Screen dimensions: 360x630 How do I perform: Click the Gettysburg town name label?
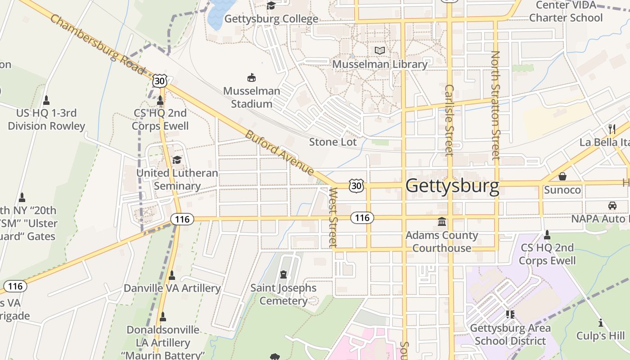pos(452,186)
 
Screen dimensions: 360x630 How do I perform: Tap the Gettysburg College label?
pos(271,19)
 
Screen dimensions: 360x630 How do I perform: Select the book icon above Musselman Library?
pos(380,50)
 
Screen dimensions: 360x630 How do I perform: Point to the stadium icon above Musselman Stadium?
pos(252,77)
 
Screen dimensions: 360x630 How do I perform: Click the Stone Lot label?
pos(333,142)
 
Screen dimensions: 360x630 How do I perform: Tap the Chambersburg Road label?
pos(97,44)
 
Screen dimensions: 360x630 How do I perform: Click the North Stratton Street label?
pos(495,105)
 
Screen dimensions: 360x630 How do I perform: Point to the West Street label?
pos(333,217)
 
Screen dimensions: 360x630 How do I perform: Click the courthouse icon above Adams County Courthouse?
pos(442,222)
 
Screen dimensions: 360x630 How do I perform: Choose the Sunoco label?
pos(562,190)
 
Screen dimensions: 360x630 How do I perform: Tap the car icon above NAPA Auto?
pos(612,205)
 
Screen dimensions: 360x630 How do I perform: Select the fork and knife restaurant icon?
pos(612,129)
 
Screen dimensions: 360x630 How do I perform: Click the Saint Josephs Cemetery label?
pos(283,294)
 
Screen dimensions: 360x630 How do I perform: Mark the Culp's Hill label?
pos(600,336)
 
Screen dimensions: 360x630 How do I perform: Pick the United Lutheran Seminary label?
pos(177,179)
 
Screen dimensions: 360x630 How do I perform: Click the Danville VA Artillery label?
pos(172,288)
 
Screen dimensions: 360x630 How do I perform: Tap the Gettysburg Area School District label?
pos(510,334)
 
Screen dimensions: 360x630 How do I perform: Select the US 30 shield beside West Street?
pos(355,185)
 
